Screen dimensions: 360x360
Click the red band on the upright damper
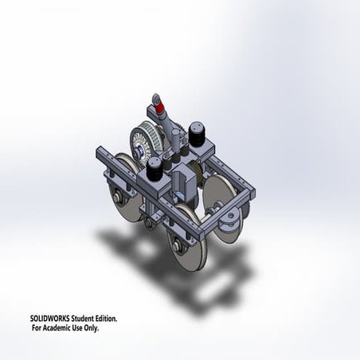[x=159, y=108]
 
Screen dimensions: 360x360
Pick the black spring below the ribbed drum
[x=154, y=167]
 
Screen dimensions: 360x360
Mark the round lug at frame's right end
[x=232, y=216]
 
